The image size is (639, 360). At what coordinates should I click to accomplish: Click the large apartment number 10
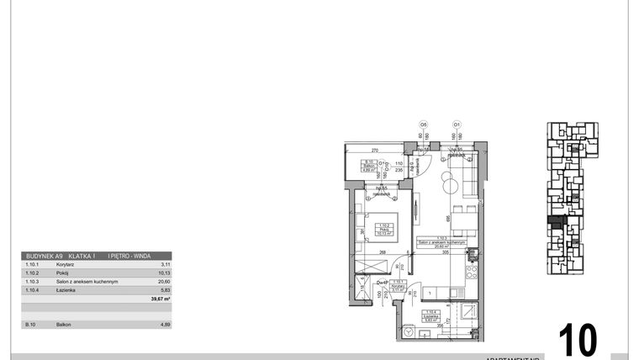point(578,340)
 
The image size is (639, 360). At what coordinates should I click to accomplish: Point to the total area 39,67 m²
point(160,299)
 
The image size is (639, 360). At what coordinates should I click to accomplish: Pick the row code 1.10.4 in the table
point(34,289)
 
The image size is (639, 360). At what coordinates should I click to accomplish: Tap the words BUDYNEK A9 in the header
point(45,256)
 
